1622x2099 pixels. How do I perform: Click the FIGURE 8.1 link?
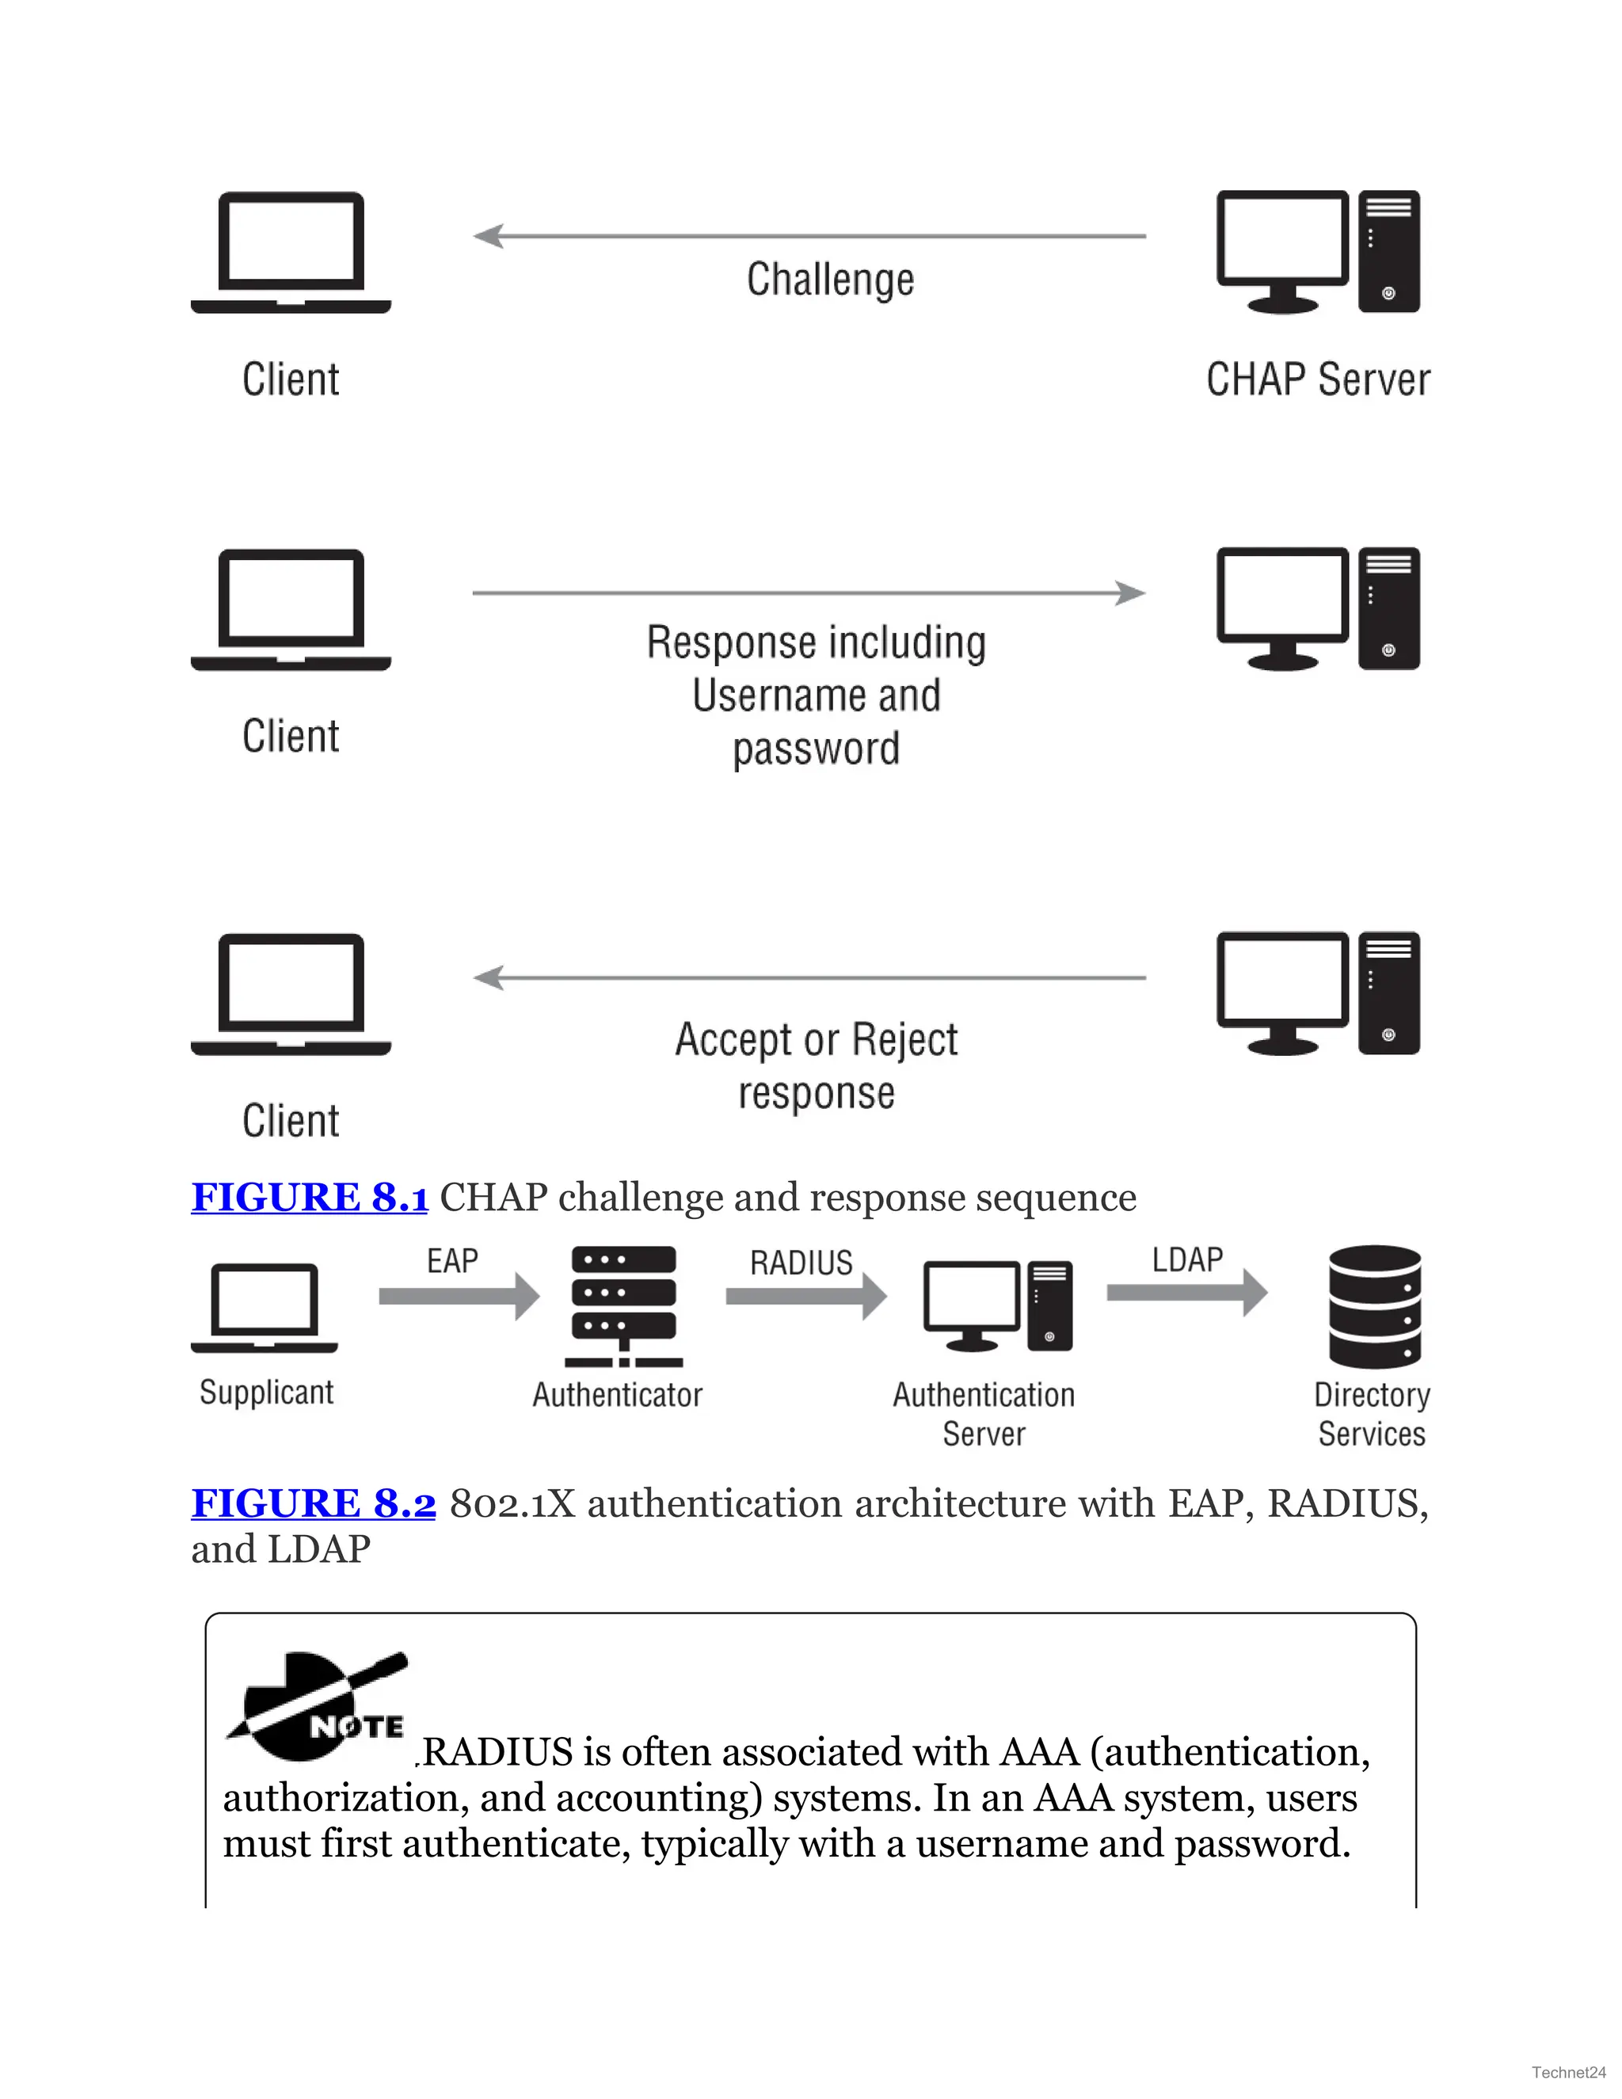[x=310, y=1198]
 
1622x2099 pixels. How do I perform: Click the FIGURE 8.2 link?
[x=314, y=1503]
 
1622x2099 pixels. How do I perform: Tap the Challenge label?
[x=830, y=280]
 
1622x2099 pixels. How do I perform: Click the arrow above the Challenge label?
[x=809, y=235]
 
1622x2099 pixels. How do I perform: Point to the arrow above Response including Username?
[x=809, y=593]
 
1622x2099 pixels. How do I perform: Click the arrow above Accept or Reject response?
[x=809, y=977]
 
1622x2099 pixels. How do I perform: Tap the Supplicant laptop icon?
[x=265, y=1307]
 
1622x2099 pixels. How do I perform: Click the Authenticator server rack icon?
[x=623, y=1306]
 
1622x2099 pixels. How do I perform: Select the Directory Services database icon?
[x=1374, y=1306]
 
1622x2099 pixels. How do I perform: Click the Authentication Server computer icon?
[x=997, y=1306]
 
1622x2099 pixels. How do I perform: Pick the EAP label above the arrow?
[x=451, y=1260]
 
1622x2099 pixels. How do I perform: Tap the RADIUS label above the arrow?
[x=801, y=1262]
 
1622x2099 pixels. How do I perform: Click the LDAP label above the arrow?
[x=1188, y=1259]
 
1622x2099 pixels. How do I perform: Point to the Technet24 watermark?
[x=1568, y=2072]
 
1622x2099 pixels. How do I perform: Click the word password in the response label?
[x=816, y=749]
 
